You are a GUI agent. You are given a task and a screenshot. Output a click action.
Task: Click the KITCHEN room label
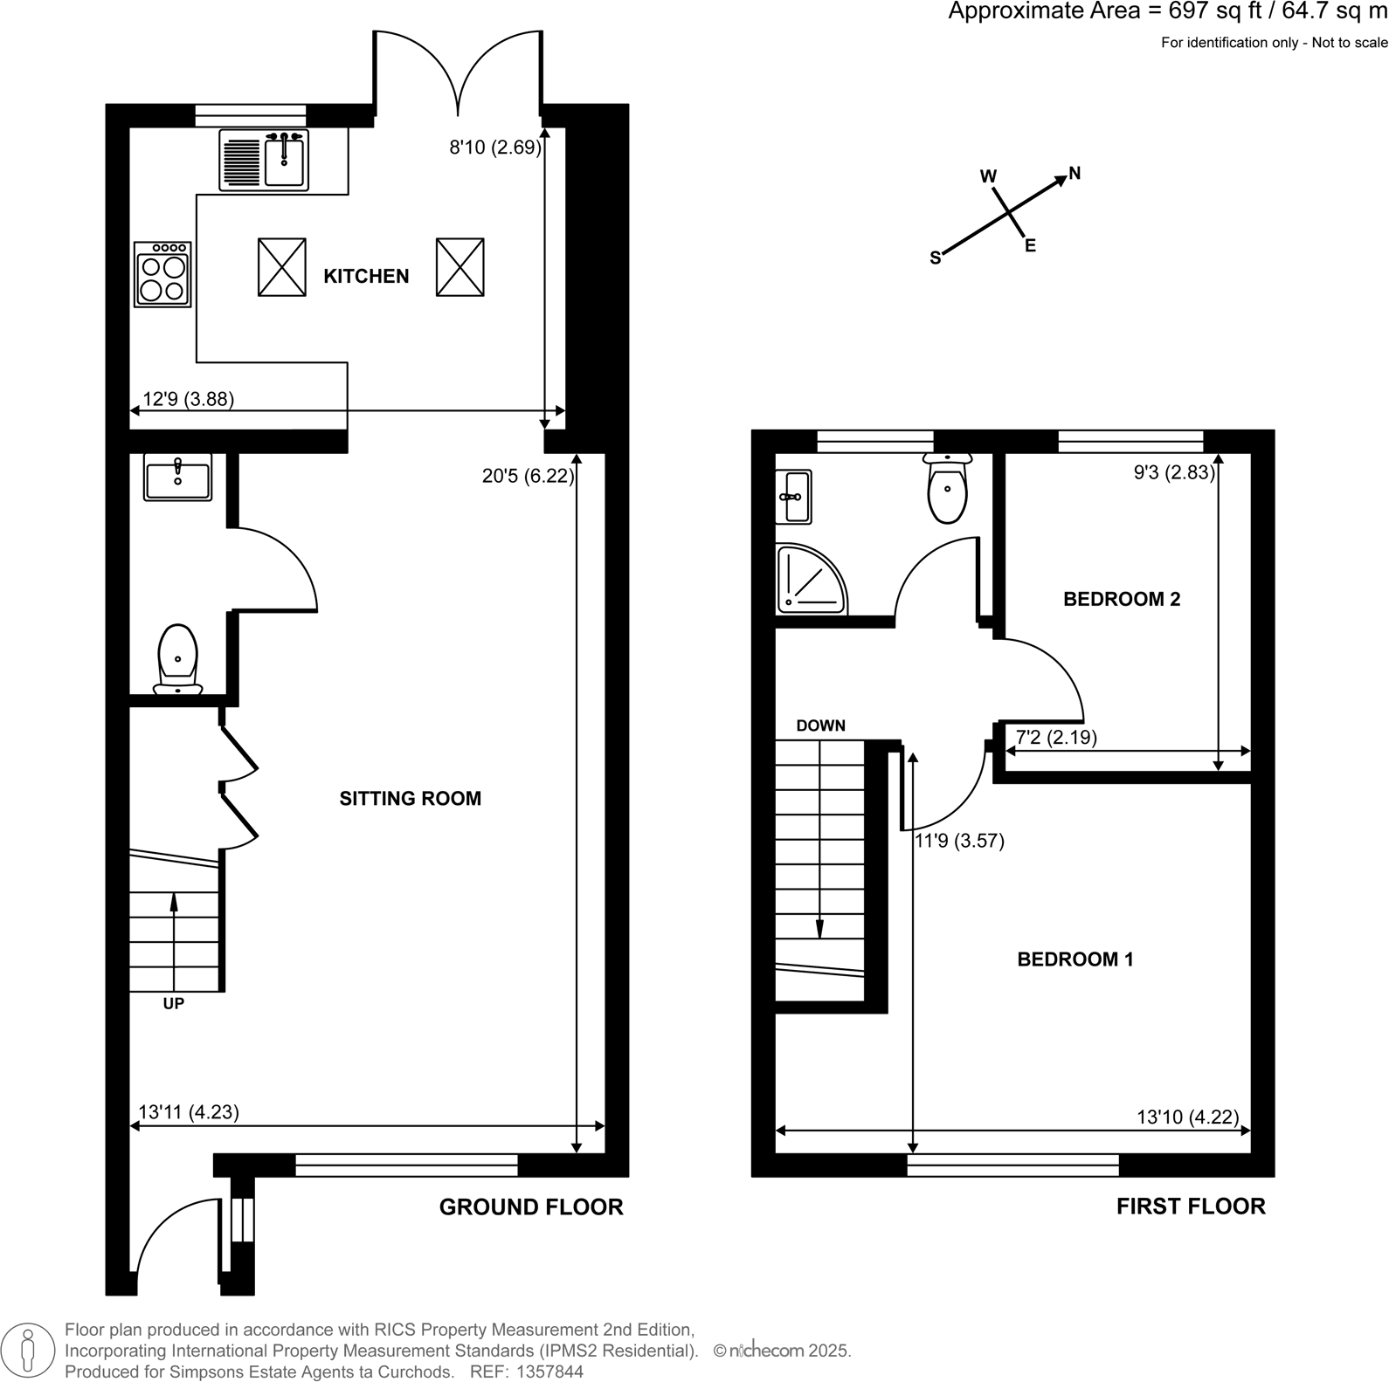(366, 276)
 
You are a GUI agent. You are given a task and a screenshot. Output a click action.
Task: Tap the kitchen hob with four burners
(163, 275)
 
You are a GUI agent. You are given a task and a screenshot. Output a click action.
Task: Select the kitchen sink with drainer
(264, 160)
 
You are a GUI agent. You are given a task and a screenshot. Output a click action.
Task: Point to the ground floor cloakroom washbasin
(178, 478)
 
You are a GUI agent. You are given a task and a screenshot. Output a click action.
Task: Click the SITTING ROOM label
(410, 798)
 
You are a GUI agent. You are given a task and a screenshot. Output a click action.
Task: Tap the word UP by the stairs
(174, 1004)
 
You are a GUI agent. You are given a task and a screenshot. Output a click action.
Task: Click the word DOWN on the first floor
(820, 725)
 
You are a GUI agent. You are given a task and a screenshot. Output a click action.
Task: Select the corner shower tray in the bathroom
(809, 579)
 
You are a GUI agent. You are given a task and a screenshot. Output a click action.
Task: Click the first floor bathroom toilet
(948, 489)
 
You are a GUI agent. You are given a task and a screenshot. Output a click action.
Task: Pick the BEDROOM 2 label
(1122, 599)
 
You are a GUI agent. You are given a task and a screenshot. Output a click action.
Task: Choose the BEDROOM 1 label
(1075, 959)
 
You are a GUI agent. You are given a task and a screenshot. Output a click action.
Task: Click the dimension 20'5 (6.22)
(528, 476)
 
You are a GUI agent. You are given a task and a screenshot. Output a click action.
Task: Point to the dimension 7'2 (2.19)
(1056, 737)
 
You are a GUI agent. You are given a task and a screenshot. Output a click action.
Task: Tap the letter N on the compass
(1075, 173)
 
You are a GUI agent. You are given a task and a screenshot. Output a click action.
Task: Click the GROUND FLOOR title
(531, 1207)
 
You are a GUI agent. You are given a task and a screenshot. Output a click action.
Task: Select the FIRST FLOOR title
(1191, 1207)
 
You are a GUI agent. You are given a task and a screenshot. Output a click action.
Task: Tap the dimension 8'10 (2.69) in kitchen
(495, 148)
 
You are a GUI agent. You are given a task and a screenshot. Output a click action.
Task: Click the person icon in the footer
(28, 1351)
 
